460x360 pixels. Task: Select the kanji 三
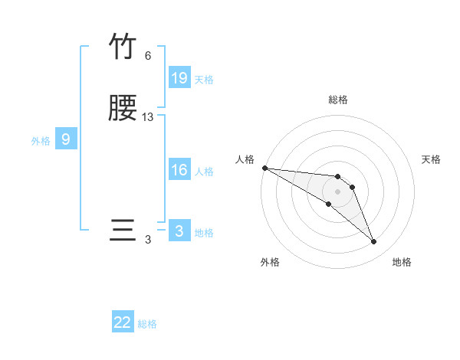tap(123, 231)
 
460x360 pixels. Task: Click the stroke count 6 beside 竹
tap(148, 56)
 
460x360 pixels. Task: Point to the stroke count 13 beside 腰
tap(148, 117)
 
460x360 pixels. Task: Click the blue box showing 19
tap(179, 78)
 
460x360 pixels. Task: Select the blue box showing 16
tap(179, 170)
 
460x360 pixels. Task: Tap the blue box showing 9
tap(66, 139)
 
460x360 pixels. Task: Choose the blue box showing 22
tap(123, 322)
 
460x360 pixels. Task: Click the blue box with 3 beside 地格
tap(179, 231)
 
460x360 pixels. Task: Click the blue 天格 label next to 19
tap(204, 80)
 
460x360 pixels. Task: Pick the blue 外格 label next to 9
tap(41, 141)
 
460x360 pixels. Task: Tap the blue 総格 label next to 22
tap(147, 324)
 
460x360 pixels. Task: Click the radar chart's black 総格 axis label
tap(337, 100)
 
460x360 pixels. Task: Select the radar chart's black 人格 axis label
tap(245, 159)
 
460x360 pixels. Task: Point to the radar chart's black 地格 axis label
tap(402, 262)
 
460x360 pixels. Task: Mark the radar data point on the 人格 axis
tap(264, 168)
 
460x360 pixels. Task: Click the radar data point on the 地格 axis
tap(373, 242)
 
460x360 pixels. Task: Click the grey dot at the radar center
tap(337, 191)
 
